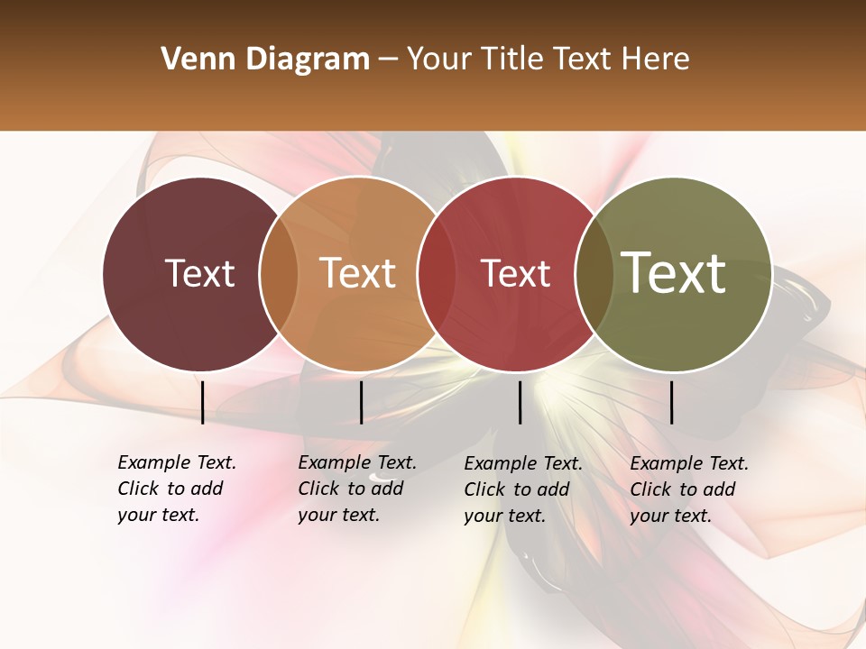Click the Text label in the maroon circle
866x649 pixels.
point(199,273)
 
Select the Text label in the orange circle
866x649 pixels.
point(357,273)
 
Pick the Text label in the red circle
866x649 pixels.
point(515,273)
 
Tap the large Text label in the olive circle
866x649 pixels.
point(673,272)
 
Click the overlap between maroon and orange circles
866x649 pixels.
point(279,274)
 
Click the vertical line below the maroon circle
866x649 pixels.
point(202,402)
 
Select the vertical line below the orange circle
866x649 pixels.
point(361,402)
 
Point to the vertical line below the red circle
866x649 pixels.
point(520,402)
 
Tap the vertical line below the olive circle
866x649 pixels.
point(671,402)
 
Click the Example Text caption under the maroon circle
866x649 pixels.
point(177,489)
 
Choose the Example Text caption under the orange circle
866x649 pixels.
point(357,489)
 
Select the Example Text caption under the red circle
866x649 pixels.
point(523,489)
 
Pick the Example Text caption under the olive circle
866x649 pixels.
point(689,489)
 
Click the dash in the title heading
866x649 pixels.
point(388,60)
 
